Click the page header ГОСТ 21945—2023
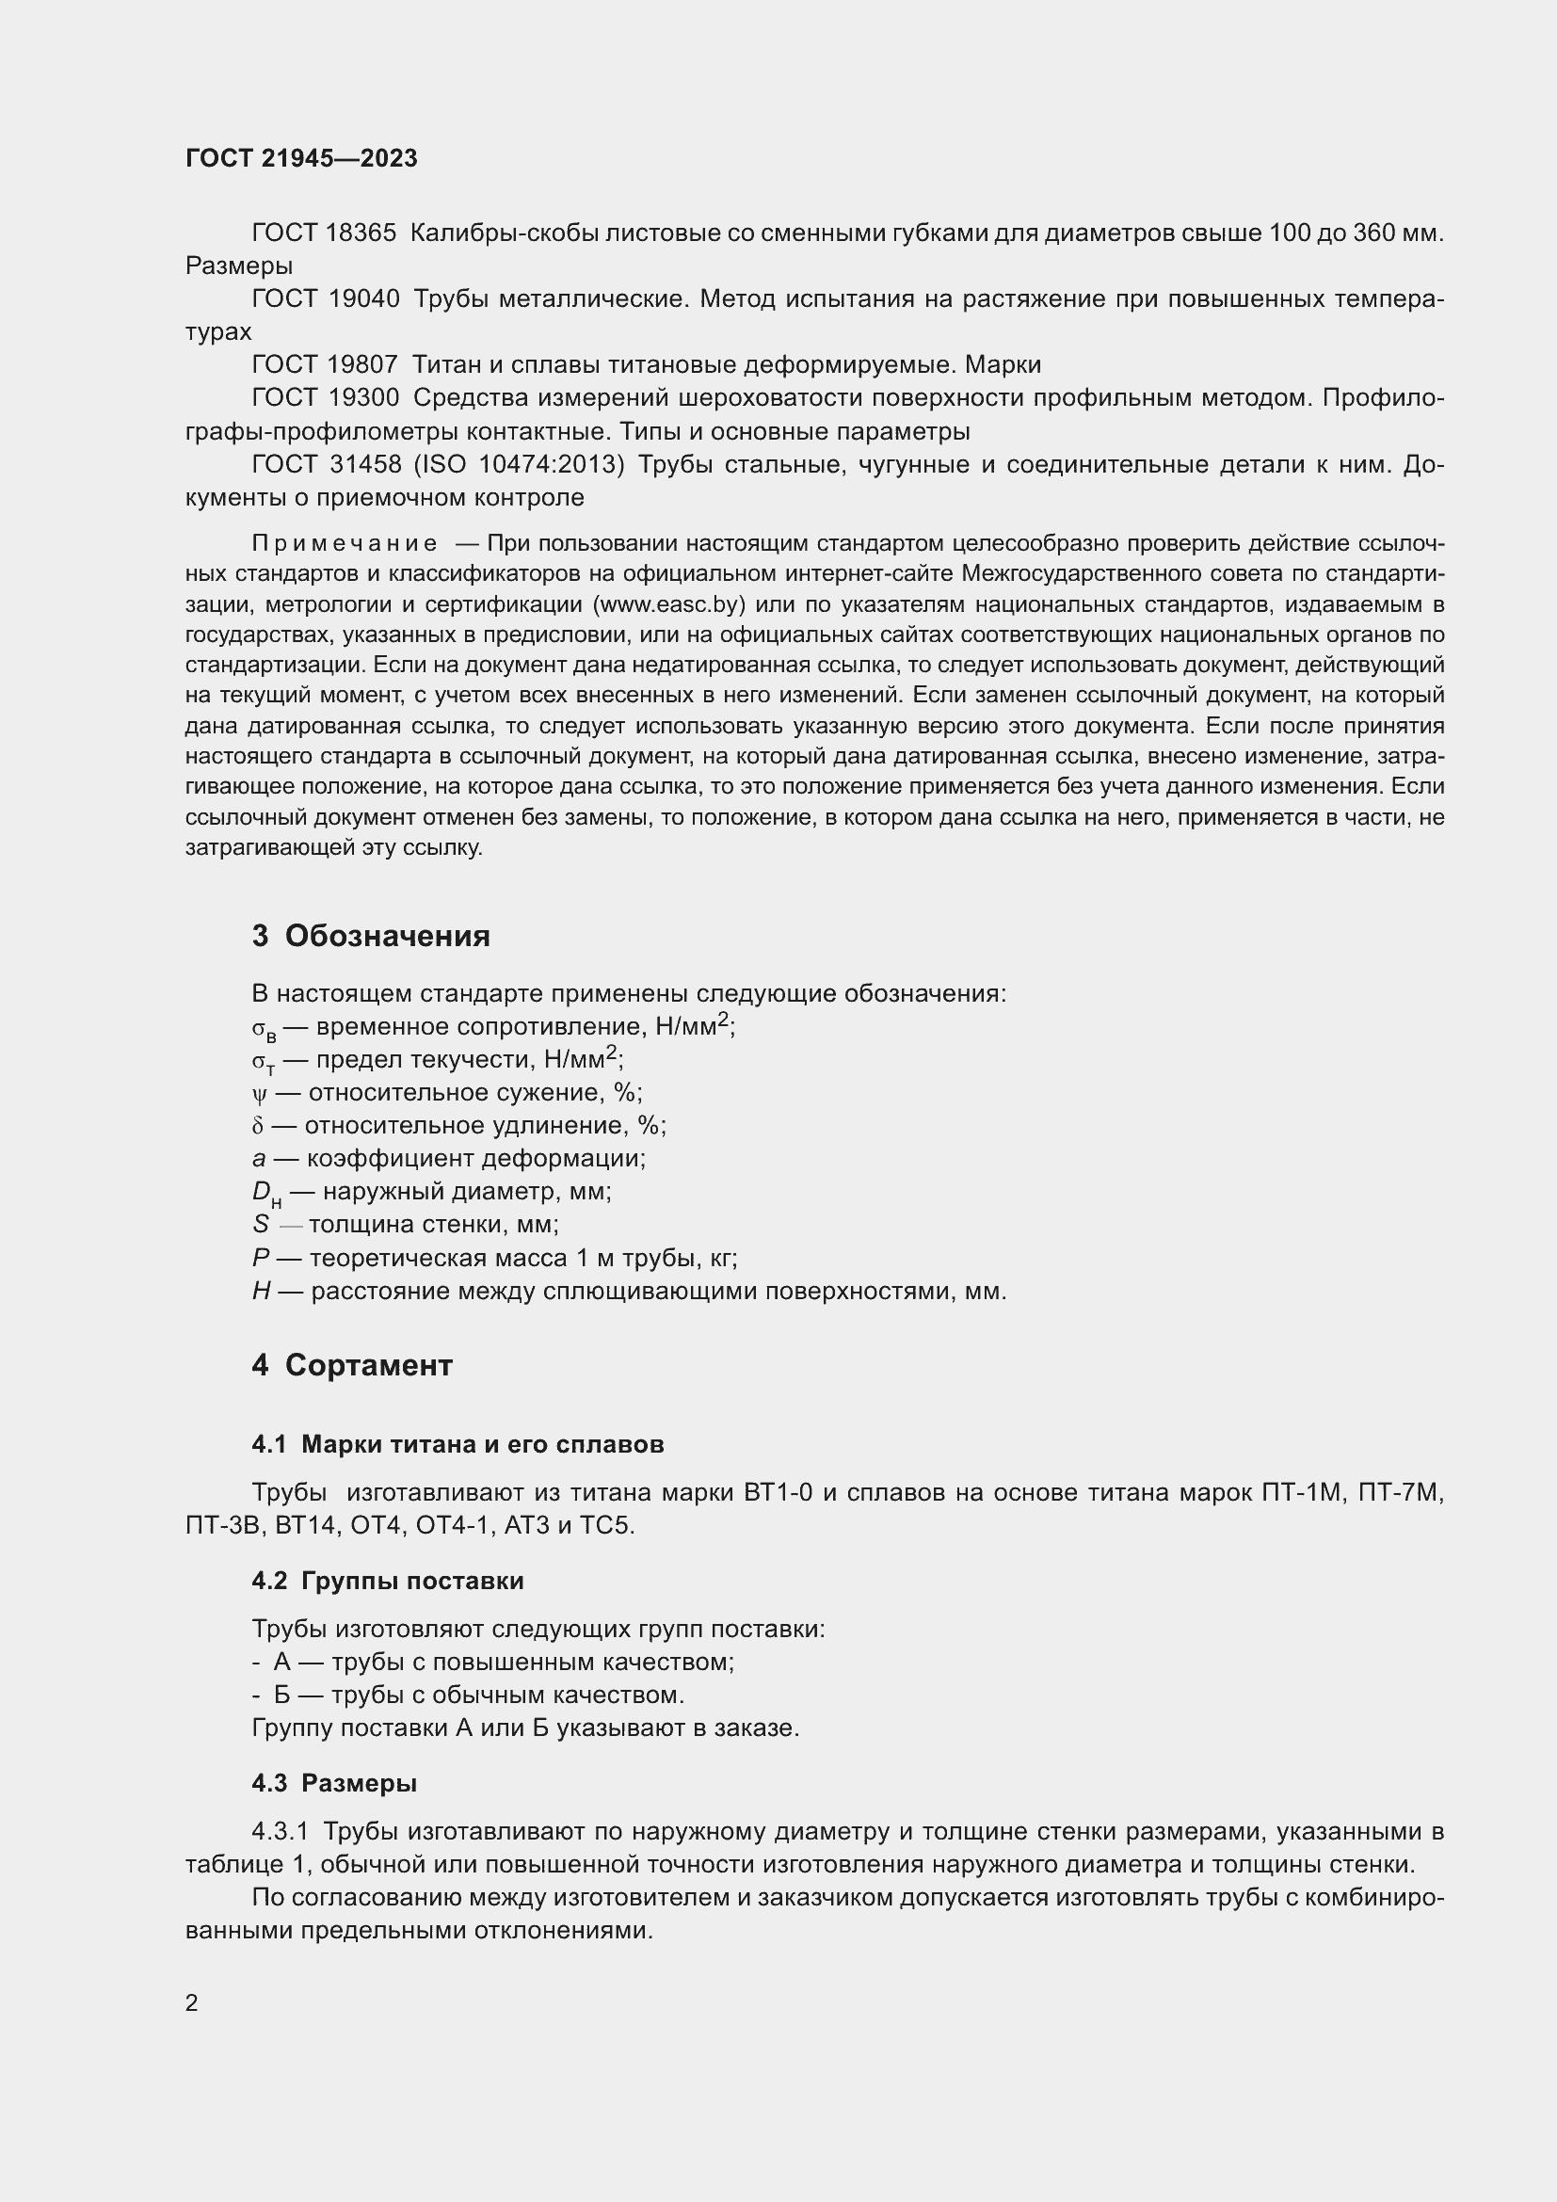click(x=301, y=159)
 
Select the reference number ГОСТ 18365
click(x=323, y=233)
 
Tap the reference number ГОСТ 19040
click(x=325, y=299)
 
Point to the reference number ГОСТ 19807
click(x=324, y=364)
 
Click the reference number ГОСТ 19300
click(x=325, y=397)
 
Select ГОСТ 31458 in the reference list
click(x=326, y=465)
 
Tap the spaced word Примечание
click(x=345, y=544)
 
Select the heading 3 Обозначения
click(x=370, y=936)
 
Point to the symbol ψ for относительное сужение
click(x=258, y=1094)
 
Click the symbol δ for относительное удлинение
click(x=258, y=1126)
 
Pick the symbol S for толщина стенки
click(x=260, y=1225)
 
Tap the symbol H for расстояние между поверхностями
click(x=261, y=1292)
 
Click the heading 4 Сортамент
click(x=352, y=1366)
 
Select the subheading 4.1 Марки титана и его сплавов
click(x=457, y=1444)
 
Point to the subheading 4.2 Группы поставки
click(x=387, y=1581)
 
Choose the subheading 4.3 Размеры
click(x=333, y=1783)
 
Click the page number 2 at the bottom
click(x=192, y=2003)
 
